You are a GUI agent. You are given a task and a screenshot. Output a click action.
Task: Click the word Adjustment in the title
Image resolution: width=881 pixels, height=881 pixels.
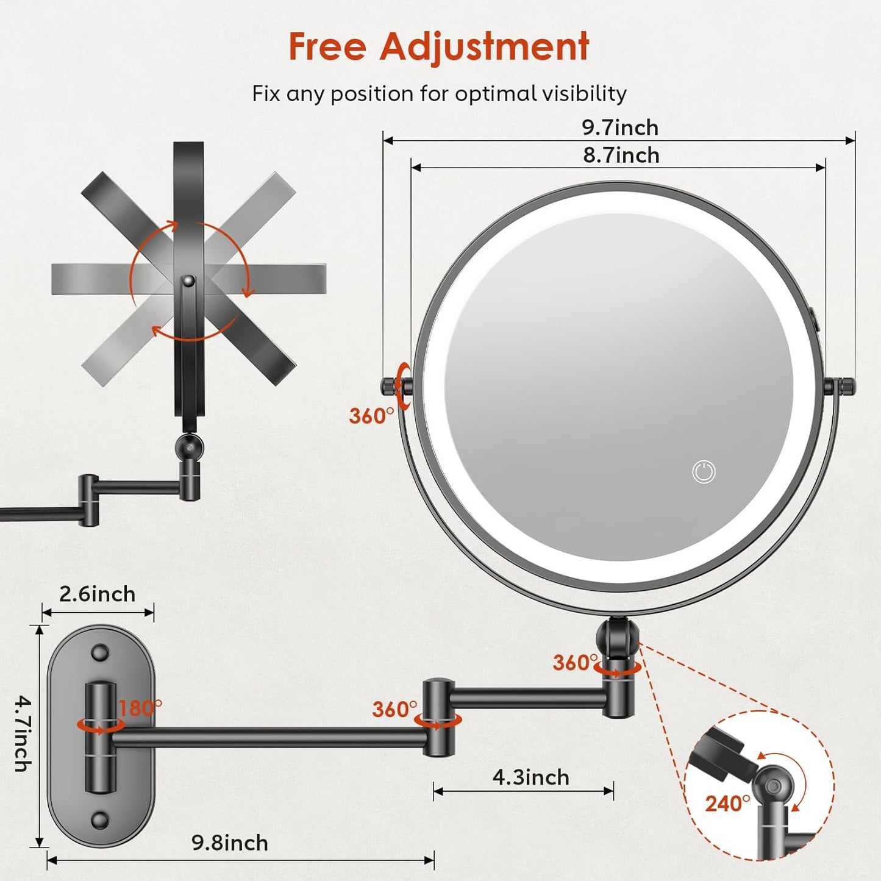coord(484,46)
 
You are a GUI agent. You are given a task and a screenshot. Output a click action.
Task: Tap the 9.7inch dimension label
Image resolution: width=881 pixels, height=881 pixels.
coord(619,127)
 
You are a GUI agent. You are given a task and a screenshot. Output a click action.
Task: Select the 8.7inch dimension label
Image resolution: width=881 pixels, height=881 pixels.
coord(621,155)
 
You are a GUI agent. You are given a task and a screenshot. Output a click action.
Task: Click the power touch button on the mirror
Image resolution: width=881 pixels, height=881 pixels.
coord(704,472)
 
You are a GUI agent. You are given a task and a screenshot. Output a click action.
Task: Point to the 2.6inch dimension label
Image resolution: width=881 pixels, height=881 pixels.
coord(97,594)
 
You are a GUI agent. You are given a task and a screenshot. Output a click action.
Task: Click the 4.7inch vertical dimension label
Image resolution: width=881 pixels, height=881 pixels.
coord(23,733)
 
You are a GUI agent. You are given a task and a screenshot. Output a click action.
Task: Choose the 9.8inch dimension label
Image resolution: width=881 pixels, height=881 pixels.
coord(229,843)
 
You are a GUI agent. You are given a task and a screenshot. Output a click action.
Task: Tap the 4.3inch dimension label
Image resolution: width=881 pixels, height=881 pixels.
coord(530,777)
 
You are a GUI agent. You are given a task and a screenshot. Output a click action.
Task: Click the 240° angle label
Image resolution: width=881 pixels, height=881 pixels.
coord(727,804)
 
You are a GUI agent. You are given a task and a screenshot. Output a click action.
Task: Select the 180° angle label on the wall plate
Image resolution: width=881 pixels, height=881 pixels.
coord(140,708)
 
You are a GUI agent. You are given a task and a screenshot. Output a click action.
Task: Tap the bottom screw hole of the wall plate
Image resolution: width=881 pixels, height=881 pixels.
coord(99,819)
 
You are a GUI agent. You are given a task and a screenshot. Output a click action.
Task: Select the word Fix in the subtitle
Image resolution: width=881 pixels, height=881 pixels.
coord(266,94)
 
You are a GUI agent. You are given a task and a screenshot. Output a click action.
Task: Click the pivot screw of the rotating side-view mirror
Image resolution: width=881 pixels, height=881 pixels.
coord(188,281)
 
